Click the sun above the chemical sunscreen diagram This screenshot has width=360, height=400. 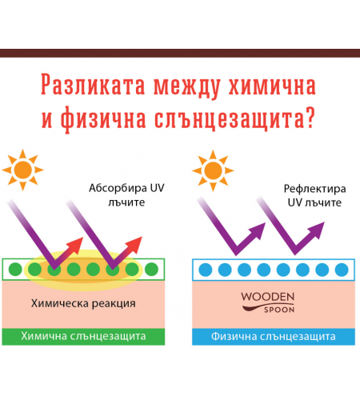point(22,170)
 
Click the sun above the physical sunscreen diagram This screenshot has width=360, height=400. point(213,170)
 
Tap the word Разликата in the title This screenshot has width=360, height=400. point(93,85)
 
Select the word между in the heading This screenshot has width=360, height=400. point(186,86)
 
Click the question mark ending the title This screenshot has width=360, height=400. point(310,117)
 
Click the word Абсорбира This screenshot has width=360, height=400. point(118,188)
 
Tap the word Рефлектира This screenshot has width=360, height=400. point(314,189)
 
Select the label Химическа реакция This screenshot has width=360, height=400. point(83,303)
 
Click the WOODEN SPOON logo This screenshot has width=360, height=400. point(268,302)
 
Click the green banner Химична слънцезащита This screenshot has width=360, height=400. point(83,337)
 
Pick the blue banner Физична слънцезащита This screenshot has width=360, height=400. point(274,337)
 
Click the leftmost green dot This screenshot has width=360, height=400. point(15,270)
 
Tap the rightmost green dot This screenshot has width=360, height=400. point(151,270)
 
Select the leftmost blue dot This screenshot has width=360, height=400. point(206,270)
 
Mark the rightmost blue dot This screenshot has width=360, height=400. point(342,270)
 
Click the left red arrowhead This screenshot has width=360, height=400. point(75,246)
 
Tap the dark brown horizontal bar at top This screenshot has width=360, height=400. point(180,53)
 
